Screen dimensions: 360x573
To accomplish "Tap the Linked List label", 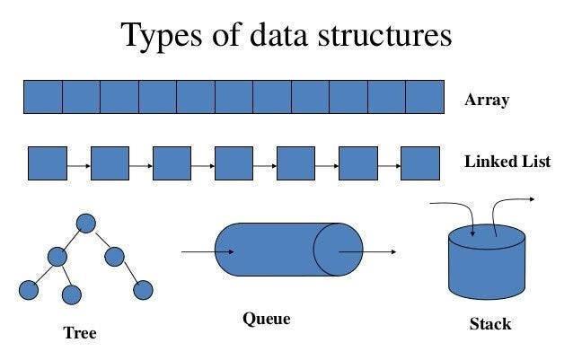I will click(x=507, y=162).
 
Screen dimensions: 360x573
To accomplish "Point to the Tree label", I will click(x=79, y=333).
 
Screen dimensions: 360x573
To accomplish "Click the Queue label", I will click(x=267, y=319).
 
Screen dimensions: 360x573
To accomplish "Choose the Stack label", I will click(x=490, y=323).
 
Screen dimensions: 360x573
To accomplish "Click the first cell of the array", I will click(x=42, y=97).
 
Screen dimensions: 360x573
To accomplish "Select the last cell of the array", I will click(x=426, y=97).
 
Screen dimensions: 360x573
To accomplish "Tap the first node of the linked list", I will click(x=48, y=163).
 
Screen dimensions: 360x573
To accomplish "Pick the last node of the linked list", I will click(x=419, y=163).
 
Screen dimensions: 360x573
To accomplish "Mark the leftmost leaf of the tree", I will click(x=29, y=290).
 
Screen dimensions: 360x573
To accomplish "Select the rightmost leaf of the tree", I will click(x=143, y=290).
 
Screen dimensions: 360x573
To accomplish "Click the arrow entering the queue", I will click(x=207, y=251).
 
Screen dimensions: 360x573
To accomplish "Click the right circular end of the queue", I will click(x=339, y=250).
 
